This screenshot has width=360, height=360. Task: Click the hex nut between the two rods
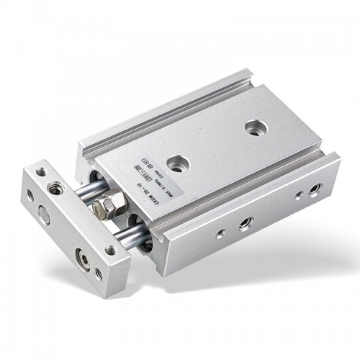tap(102, 208)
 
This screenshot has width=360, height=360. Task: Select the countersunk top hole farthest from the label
tap(253, 127)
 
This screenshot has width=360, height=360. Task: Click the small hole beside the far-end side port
tap(298, 195)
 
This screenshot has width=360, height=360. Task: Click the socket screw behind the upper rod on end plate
tap(54, 189)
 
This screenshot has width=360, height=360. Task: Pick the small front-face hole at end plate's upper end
tap(30, 194)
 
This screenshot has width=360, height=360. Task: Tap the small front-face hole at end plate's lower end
tap(99, 273)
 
